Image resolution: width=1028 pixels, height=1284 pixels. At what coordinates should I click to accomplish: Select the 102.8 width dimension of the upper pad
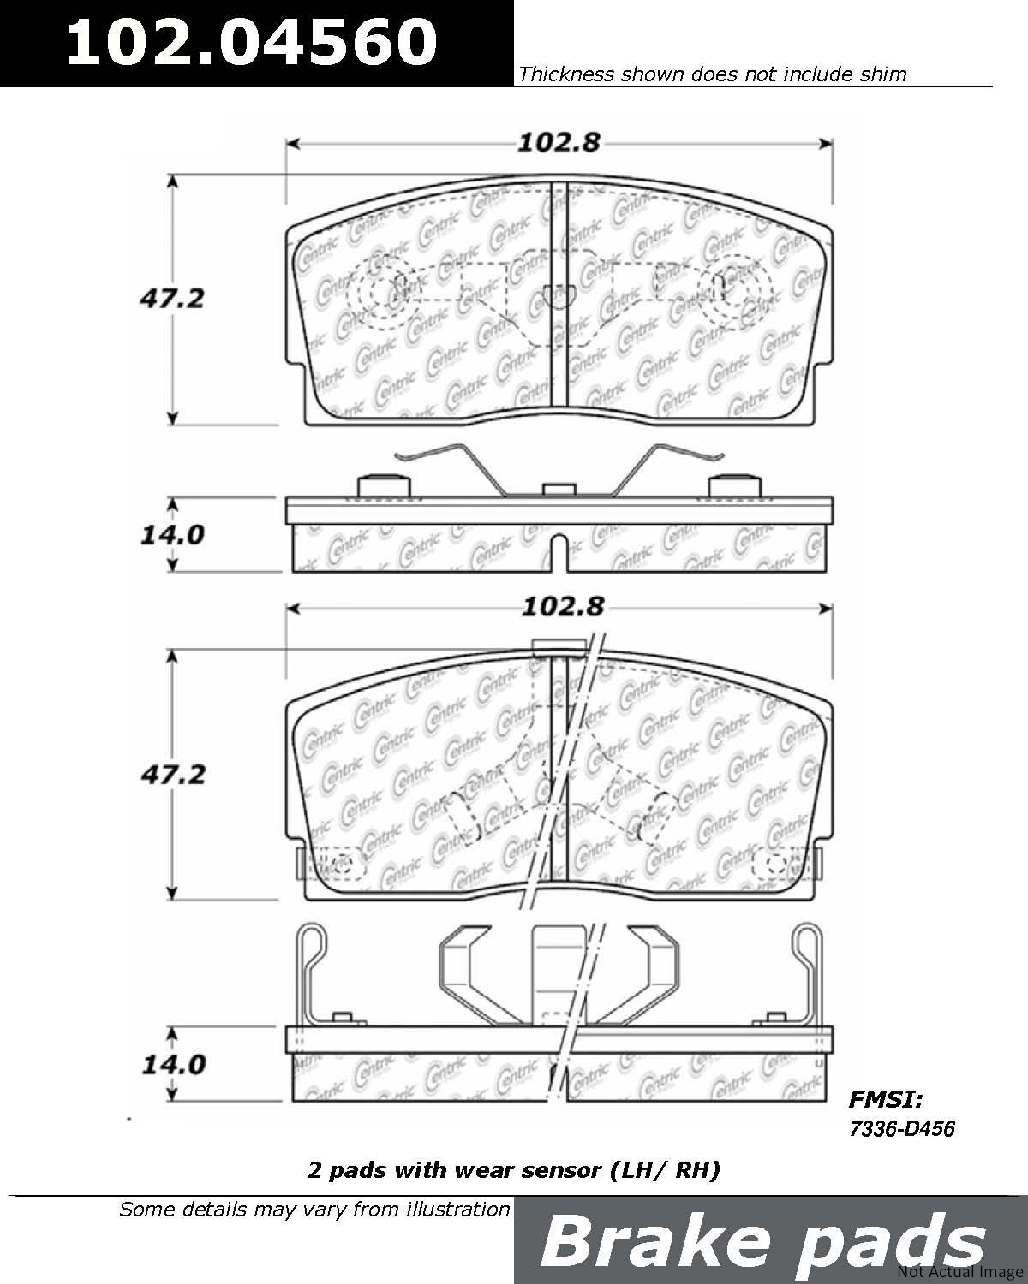click(x=559, y=143)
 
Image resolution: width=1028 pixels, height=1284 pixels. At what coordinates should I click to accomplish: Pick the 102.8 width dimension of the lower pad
click(x=563, y=607)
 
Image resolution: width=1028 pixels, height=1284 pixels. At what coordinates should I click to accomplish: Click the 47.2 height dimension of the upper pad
click(x=172, y=299)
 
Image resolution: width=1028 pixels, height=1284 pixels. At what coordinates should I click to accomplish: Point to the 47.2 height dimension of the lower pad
click(x=173, y=775)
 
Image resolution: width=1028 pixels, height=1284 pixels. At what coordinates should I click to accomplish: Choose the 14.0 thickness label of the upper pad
click(x=173, y=535)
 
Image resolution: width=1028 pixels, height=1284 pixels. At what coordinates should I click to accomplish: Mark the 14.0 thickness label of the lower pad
click(x=174, y=1065)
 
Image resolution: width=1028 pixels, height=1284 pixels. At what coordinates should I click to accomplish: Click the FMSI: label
click(x=886, y=1099)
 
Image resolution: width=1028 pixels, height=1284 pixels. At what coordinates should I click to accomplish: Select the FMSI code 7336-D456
click(x=902, y=1129)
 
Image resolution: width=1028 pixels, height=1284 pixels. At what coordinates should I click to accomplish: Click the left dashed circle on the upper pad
click(x=384, y=293)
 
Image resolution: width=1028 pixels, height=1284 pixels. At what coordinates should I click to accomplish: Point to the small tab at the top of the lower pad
click(x=559, y=647)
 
